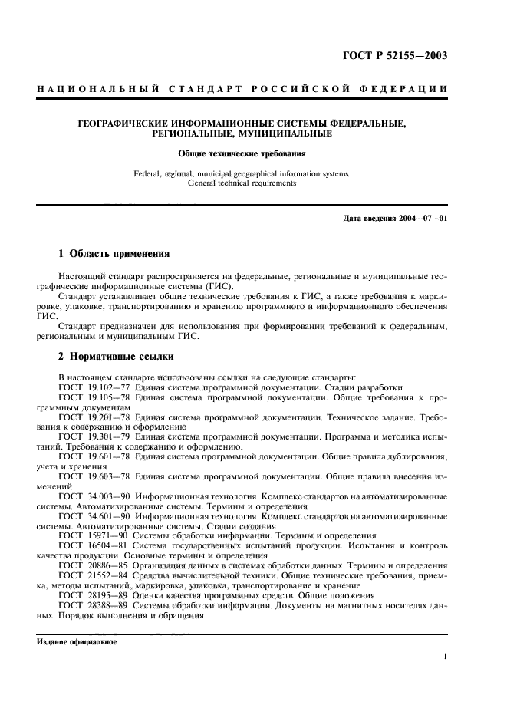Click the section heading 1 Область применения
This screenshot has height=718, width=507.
pyautogui.click(x=114, y=253)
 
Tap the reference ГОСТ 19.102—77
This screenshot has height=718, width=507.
pyautogui.click(x=94, y=387)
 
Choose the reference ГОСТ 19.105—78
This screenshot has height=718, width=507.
pyautogui.click(x=94, y=398)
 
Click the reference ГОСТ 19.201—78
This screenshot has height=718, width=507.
pyautogui.click(x=94, y=419)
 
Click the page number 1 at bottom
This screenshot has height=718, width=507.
pyautogui.click(x=445, y=657)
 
